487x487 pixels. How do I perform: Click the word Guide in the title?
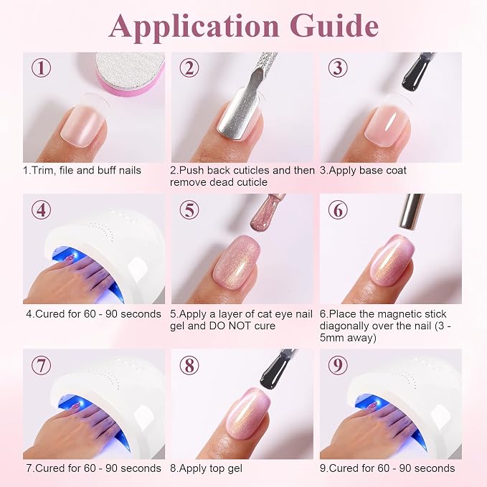click(x=335, y=26)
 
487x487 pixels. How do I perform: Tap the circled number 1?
click(x=41, y=68)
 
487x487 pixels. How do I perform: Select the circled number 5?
click(x=189, y=209)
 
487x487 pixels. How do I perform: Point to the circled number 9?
click(x=338, y=365)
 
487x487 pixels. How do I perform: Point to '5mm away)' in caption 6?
click(x=348, y=338)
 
